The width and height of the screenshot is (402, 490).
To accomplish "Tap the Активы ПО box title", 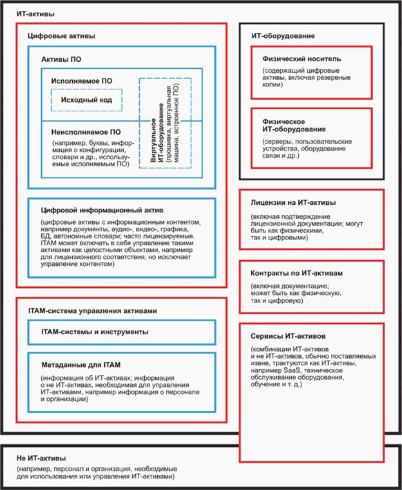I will coord(62,59).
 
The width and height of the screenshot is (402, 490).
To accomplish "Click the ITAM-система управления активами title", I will coord(92,311).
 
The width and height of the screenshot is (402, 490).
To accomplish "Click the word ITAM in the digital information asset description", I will coord(50,245).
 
